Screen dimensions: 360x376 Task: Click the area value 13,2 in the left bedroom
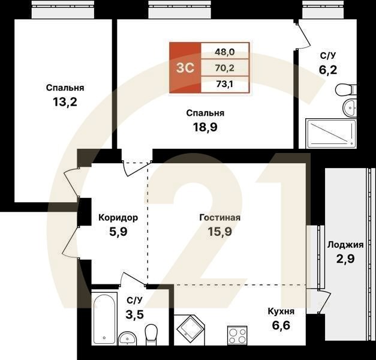click(65, 101)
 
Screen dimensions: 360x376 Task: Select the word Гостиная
click(220, 218)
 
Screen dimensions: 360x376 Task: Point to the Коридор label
click(118, 218)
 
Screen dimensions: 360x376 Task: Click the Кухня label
click(281, 311)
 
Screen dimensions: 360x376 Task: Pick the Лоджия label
click(345, 245)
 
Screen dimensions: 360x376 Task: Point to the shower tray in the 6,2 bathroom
click(331, 133)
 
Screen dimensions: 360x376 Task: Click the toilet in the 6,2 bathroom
click(345, 91)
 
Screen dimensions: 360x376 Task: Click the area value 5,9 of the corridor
click(118, 230)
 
